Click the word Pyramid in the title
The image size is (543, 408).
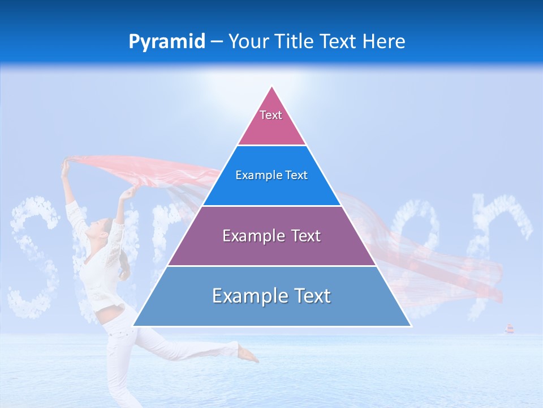(166, 42)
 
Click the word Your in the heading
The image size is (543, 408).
(248, 42)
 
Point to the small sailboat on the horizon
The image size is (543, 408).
(509, 329)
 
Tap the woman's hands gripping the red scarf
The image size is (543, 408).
(66, 164)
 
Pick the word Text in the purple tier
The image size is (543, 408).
(303, 236)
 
